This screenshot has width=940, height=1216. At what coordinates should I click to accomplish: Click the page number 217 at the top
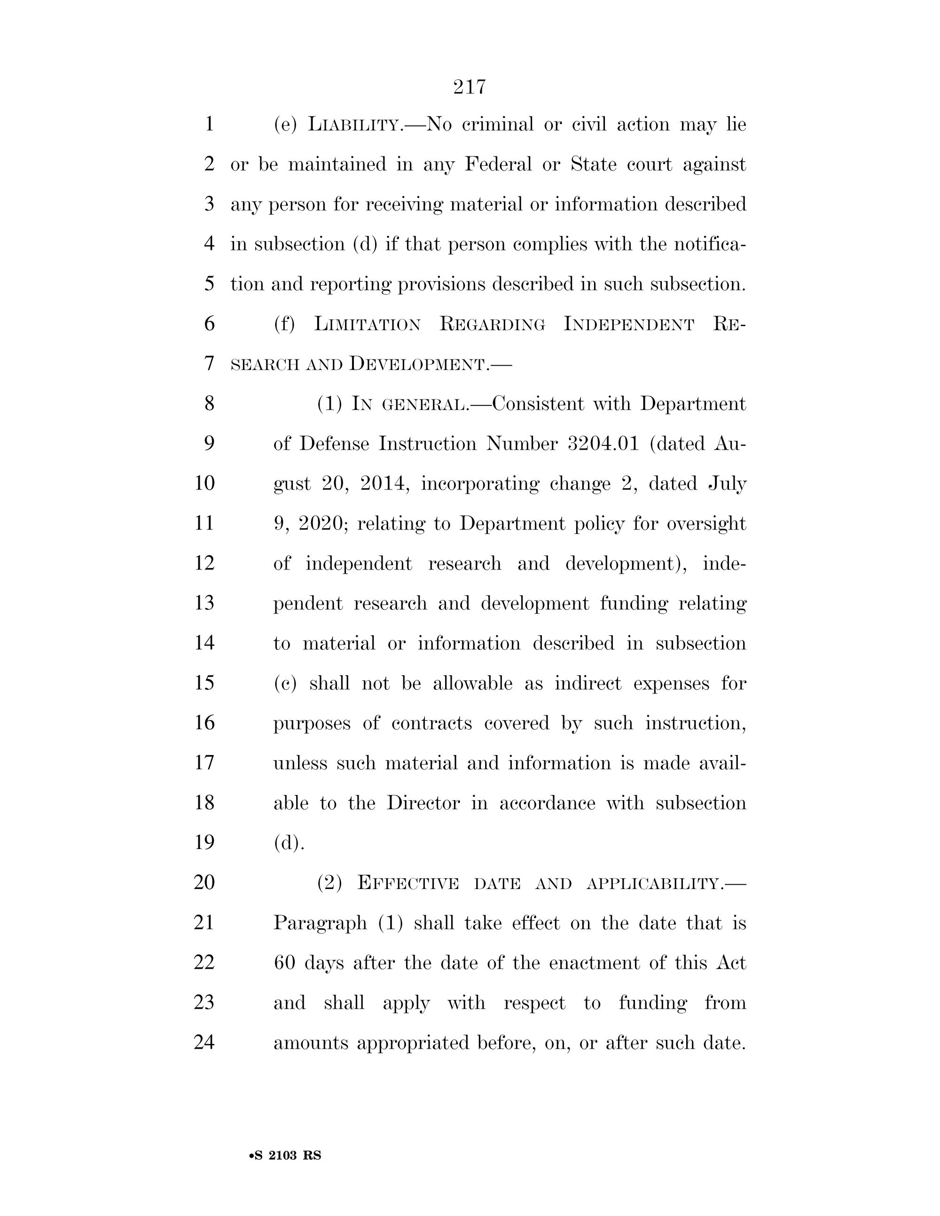pyautogui.click(x=470, y=87)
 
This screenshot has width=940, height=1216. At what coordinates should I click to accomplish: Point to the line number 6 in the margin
pyautogui.click(x=209, y=323)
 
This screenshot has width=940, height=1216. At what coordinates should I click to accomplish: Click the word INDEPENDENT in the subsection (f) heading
pyautogui.click(x=629, y=324)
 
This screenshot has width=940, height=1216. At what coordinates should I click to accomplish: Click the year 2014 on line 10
pyautogui.click(x=385, y=483)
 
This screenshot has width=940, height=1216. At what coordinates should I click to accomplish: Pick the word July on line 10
pyautogui.click(x=727, y=483)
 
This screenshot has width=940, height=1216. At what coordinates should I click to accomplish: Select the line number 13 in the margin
pyautogui.click(x=204, y=603)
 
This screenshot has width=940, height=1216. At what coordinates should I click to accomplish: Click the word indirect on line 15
pyautogui.click(x=587, y=683)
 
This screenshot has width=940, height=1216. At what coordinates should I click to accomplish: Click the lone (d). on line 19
pyautogui.click(x=289, y=843)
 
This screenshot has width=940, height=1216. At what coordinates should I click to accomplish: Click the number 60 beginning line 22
pyautogui.click(x=284, y=963)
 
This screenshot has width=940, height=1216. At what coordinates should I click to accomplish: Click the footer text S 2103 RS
pyautogui.click(x=286, y=1156)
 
